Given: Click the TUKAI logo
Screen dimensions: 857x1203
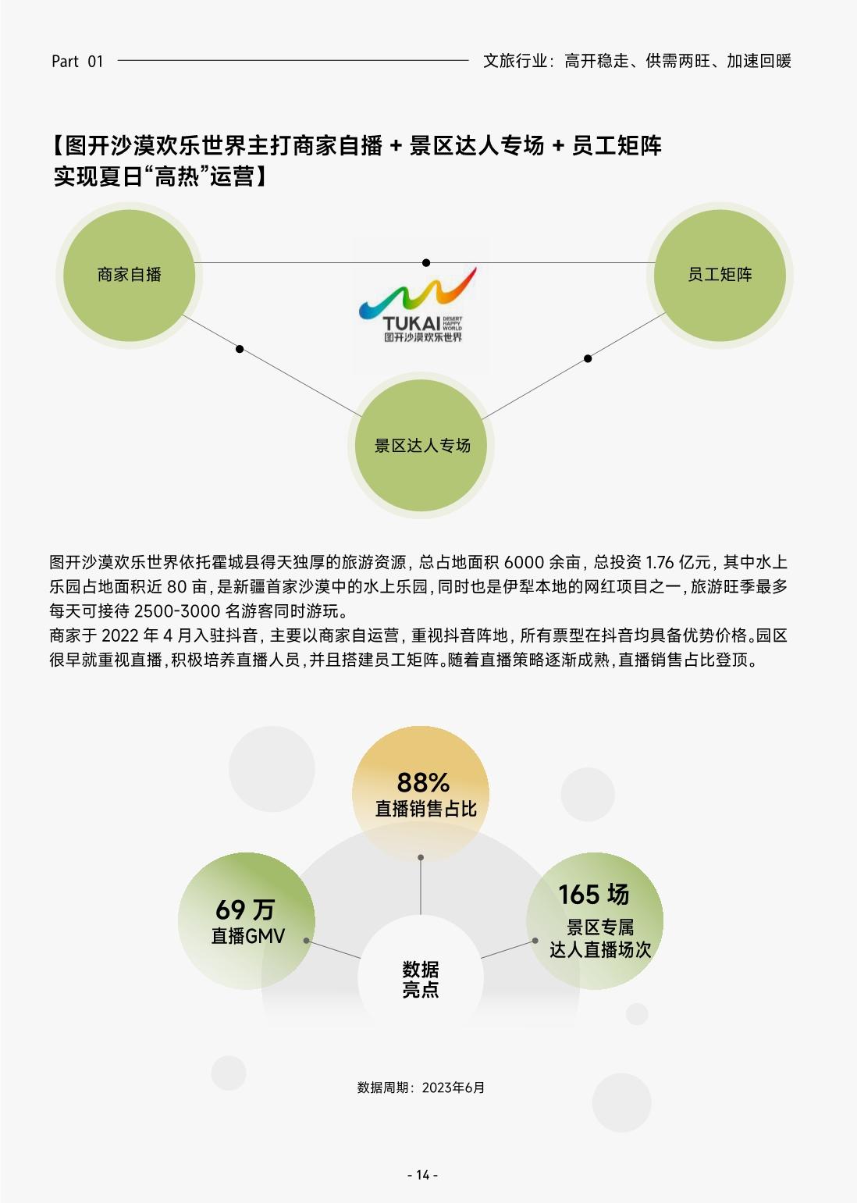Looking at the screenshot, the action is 418,304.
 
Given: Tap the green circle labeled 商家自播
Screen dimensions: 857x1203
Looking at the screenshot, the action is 129,276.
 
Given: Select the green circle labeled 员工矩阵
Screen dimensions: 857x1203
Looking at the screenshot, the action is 720,276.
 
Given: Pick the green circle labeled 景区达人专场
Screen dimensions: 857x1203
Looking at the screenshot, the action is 421,445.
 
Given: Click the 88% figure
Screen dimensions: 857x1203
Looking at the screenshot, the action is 423,782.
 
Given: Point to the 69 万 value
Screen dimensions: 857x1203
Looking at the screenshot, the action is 245,909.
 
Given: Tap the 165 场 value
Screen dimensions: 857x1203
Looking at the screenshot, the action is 593,895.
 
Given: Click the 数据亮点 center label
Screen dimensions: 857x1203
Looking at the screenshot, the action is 421,979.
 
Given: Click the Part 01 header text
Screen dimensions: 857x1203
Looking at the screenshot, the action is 76,61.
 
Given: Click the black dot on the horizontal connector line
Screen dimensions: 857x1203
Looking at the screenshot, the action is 426,262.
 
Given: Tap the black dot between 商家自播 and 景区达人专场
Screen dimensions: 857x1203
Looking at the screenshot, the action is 240,349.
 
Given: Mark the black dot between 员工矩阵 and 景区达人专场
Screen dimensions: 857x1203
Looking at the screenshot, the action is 588,358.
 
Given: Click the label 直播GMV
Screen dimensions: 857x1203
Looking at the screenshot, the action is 248,936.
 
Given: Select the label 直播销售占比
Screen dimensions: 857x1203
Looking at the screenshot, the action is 426,809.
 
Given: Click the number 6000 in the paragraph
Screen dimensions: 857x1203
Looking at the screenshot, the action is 524,562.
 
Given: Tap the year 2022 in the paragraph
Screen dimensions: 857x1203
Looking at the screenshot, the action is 121,635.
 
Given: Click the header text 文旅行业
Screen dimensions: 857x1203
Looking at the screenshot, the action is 515,61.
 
